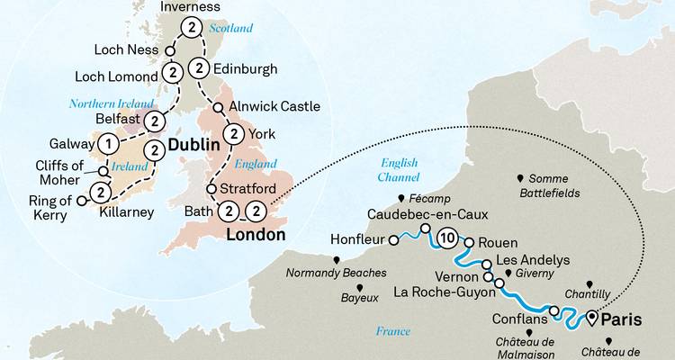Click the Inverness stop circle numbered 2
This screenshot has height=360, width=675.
pyautogui.click(x=192, y=30)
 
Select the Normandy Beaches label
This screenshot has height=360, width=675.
pyautogui.click(x=335, y=272)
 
